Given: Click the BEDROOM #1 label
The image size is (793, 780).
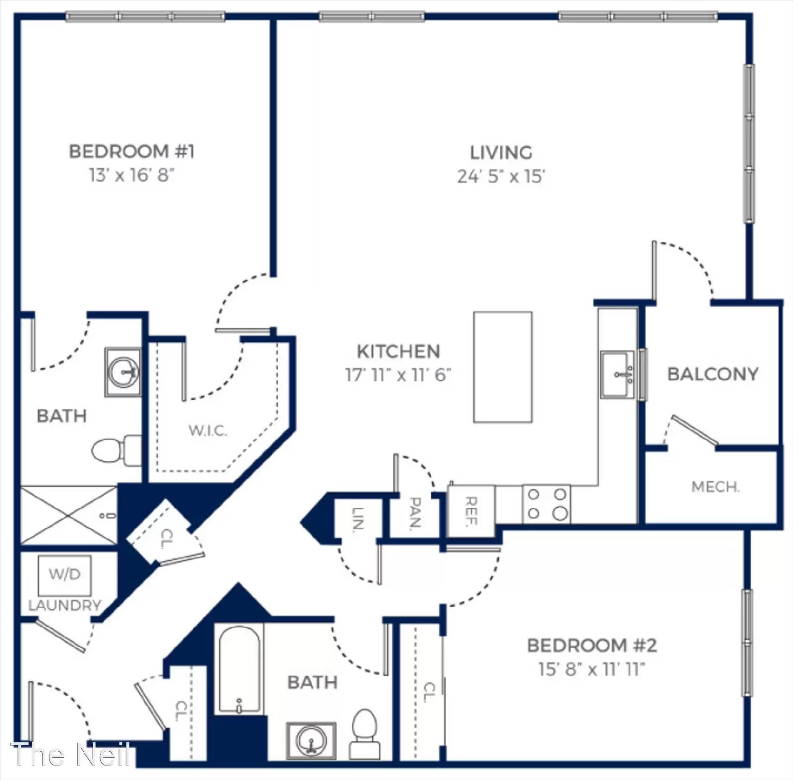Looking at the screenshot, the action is point(132,151).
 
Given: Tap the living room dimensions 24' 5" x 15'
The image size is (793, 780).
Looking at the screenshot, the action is point(501,176).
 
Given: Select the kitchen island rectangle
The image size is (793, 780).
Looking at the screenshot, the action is point(503,367).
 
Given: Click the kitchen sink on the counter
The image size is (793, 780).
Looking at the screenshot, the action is point(617,374).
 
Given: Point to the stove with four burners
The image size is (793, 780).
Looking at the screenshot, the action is point(547,504).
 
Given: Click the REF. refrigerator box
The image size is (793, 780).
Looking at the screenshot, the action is point(471,511).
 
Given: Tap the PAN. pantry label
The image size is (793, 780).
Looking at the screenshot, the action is point(416,513).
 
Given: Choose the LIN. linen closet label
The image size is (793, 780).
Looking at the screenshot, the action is point(358,519).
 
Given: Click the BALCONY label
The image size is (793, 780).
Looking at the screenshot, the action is point(713,374).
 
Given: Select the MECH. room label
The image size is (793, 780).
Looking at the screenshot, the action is point(715,487).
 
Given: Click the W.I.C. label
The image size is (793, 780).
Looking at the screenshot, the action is point(208,430).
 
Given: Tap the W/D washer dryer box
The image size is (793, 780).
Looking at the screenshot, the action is point(65,575).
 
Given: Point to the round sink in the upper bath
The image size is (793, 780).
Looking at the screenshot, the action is point(122,372).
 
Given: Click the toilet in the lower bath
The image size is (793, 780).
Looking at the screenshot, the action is point(364,734).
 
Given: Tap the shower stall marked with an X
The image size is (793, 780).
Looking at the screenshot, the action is point(69,516).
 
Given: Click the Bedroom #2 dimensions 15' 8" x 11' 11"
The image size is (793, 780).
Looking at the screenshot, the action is point(592,669).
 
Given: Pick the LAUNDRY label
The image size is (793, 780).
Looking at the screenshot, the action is point(65,605).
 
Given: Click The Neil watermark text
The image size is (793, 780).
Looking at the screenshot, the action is point(70,755).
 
